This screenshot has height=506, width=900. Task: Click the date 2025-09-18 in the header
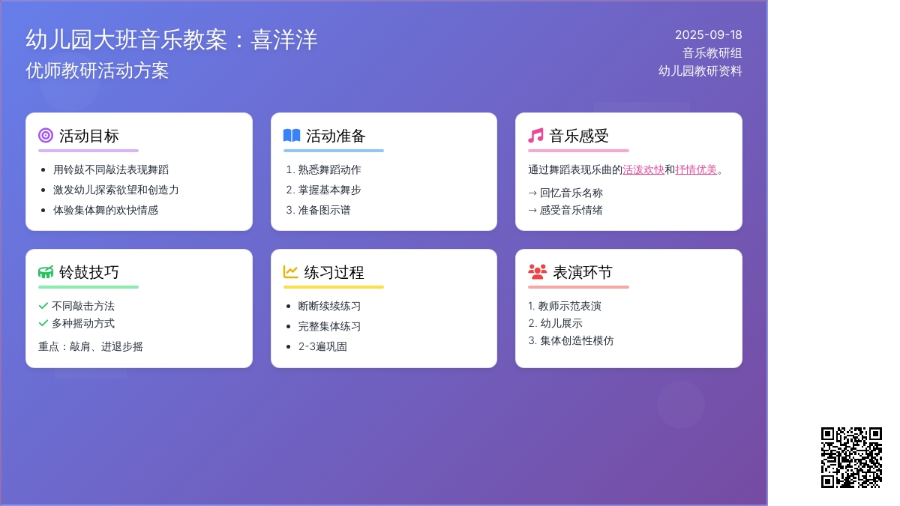708,35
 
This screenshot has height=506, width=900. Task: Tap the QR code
851,457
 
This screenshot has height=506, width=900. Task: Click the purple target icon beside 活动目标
46,136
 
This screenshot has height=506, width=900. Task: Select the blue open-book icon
292,136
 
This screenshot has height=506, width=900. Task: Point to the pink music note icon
535,136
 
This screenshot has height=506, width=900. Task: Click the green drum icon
46,272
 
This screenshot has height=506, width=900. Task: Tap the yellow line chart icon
290,272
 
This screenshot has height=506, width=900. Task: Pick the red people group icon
538,272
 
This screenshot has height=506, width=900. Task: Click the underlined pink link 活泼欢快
643,170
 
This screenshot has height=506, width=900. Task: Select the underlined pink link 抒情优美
696,170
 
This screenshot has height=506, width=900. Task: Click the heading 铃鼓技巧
88,272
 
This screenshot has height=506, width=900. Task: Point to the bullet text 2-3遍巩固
322,346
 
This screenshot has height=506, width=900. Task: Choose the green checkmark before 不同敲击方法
43,306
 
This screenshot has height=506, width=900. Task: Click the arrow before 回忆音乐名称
532,193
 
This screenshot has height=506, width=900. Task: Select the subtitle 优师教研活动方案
97,70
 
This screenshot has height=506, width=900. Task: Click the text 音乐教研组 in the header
712,53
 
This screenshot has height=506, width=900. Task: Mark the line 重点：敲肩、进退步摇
91,346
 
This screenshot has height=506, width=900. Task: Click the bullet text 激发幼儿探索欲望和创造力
115,190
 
